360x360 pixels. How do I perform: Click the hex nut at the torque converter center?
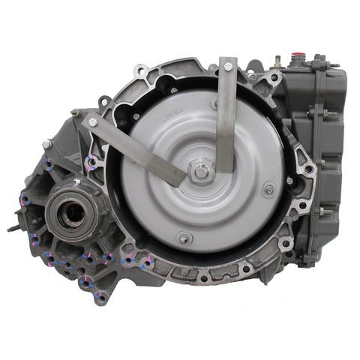201,171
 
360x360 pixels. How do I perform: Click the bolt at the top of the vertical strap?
227,67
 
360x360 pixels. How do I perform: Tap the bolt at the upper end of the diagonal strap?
92,122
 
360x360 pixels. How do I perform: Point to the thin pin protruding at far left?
13,226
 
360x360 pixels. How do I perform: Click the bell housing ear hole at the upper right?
275,77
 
